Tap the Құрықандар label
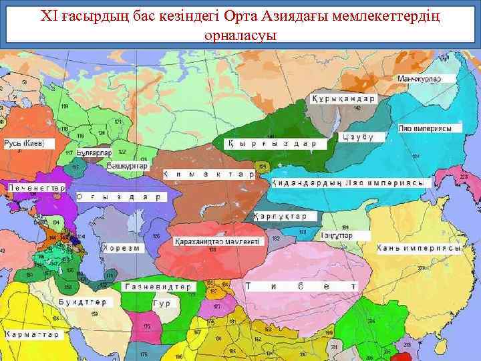pyautogui.click(x=342, y=99)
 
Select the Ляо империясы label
pyautogui.click(x=430, y=128)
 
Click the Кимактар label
pyautogui.click(x=208, y=174)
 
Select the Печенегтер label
pyautogui.click(x=36, y=189)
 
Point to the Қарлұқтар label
pyautogui.click(x=280, y=217)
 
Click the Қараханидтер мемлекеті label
pyautogui.click(x=218, y=241)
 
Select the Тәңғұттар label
pyautogui.click(x=336, y=235)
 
